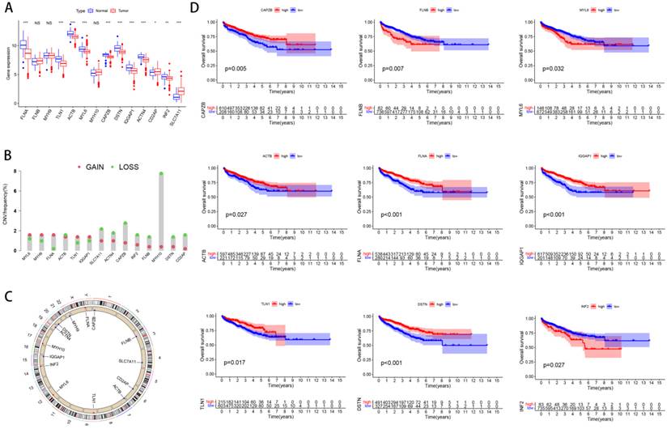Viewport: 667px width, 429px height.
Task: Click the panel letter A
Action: [7, 7]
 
